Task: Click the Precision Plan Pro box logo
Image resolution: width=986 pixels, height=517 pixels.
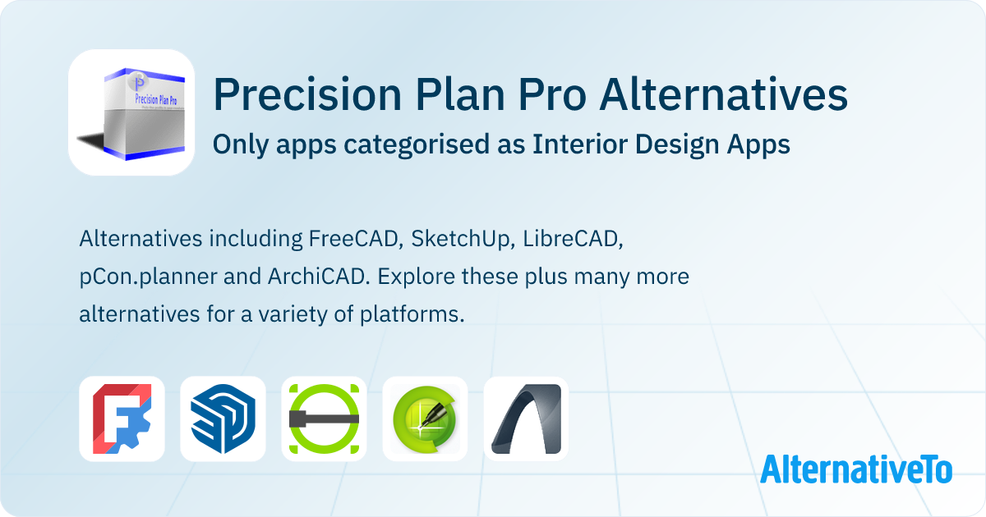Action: click(x=131, y=112)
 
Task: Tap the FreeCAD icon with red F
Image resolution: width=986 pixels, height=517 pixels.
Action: click(x=122, y=419)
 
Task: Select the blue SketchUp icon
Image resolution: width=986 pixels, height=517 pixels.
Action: click(x=223, y=419)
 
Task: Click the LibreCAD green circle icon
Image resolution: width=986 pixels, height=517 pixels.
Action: click(x=324, y=419)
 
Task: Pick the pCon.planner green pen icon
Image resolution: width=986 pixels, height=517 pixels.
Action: click(x=425, y=419)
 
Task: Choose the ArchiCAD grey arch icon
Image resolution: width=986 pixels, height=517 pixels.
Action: click(x=526, y=419)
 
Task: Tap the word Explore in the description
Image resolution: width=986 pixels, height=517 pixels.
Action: click(x=408, y=277)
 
